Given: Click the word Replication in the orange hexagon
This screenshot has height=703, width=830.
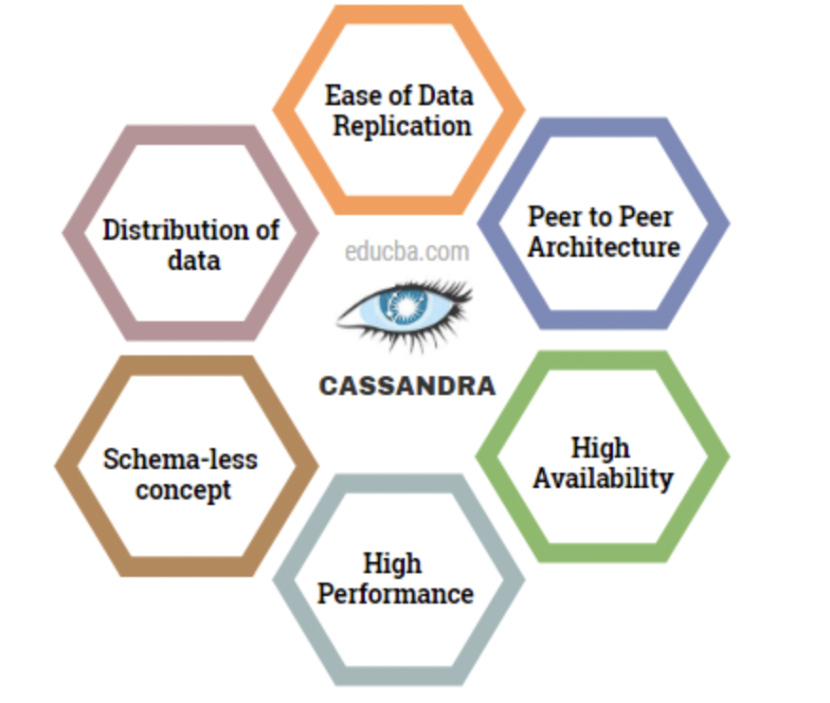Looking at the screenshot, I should point(402,125).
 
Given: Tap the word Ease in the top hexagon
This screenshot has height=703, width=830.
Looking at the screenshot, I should point(347,95).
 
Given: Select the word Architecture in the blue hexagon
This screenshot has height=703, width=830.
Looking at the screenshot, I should point(604,246).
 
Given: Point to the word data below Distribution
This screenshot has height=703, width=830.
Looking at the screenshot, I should point(193,260).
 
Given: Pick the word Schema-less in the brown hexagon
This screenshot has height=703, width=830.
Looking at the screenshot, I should point(180,460).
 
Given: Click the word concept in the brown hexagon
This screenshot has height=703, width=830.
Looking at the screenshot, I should point(183,490).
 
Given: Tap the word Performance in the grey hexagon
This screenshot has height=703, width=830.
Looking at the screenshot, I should point(395,594).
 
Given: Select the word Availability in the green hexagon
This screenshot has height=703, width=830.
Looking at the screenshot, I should point(603,478).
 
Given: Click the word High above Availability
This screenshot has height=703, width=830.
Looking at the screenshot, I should point(601,447).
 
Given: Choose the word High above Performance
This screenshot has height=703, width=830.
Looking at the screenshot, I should point(392,564).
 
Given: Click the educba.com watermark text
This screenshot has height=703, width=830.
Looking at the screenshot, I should point(406,252).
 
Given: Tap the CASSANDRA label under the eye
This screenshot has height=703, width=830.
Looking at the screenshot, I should point(406,387).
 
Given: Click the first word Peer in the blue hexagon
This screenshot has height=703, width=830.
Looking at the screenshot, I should point(553,216).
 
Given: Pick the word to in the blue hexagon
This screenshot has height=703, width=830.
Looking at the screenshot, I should point(601,216).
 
